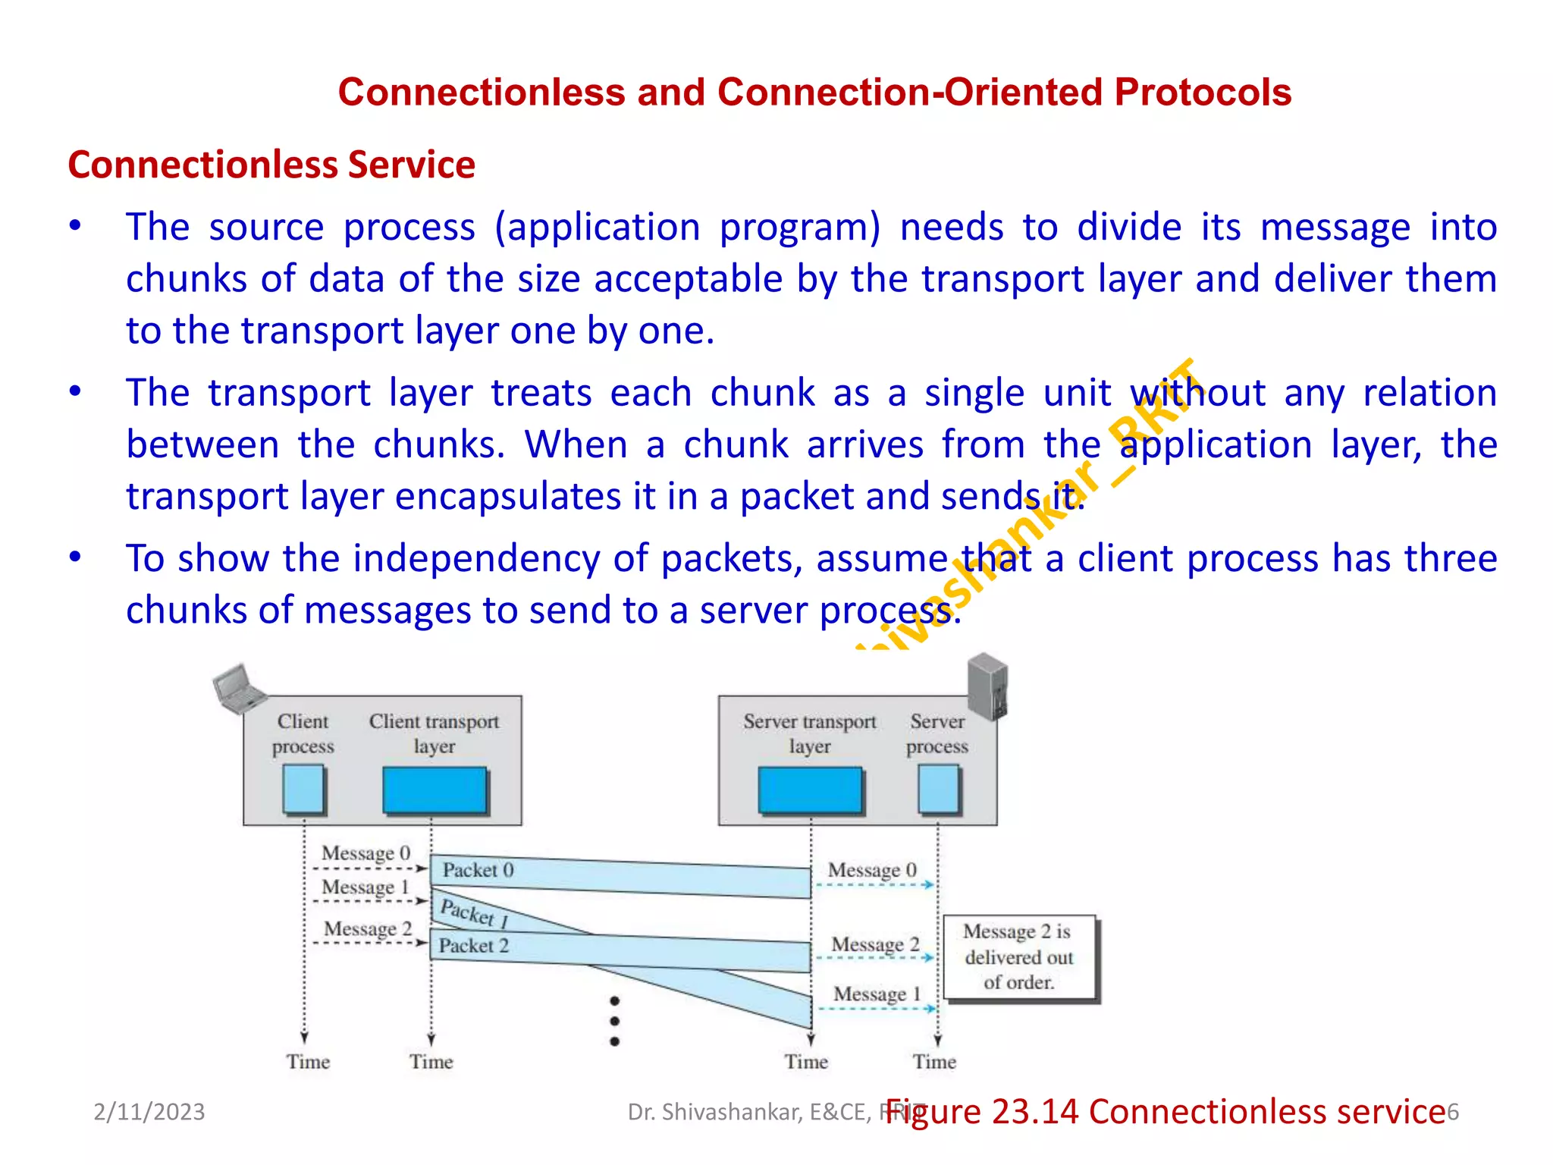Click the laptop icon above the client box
pos(239,689)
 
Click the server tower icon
pos(988,686)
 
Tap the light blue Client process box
pos(304,789)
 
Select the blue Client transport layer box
pos(435,790)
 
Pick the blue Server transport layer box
pos(811,790)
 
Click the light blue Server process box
pos(939,789)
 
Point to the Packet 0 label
pos(478,870)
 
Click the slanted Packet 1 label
pos(474,913)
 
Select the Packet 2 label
pos(473,946)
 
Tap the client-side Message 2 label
pos(368,929)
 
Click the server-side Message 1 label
pos(877,994)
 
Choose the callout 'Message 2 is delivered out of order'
pos(1019,957)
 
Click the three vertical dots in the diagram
pos(615,1022)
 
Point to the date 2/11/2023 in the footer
pos(149,1112)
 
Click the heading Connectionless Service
pos(271,165)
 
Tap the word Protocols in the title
pos(1203,93)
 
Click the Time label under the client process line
pos(308,1062)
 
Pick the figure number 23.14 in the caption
pos(1034,1112)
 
